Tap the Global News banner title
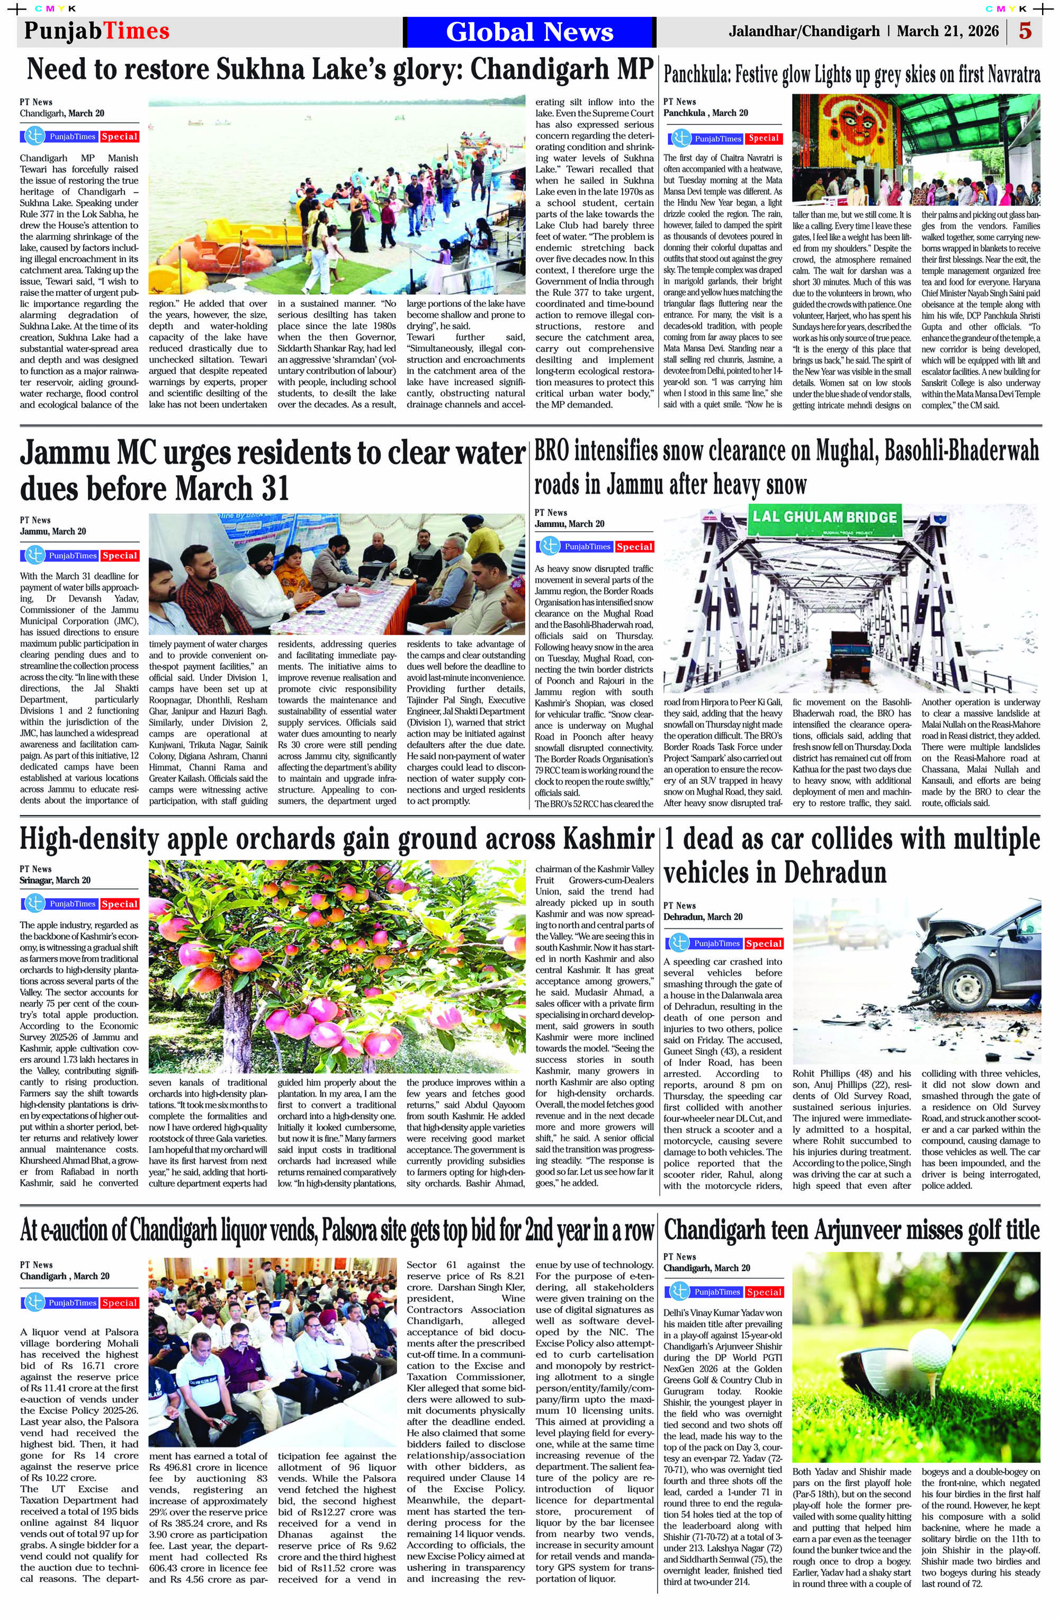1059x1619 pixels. pyautogui.click(x=529, y=32)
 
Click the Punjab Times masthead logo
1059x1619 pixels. pyautogui.click(x=97, y=31)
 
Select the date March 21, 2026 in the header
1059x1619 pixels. pyautogui.click(x=947, y=31)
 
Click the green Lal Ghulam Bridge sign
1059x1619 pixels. pyautogui.click(x=824, y=517)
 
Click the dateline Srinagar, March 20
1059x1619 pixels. pyautogui.click(x=55, y=880)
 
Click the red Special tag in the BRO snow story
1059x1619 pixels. pyautogui.click(x=634, y=547)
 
